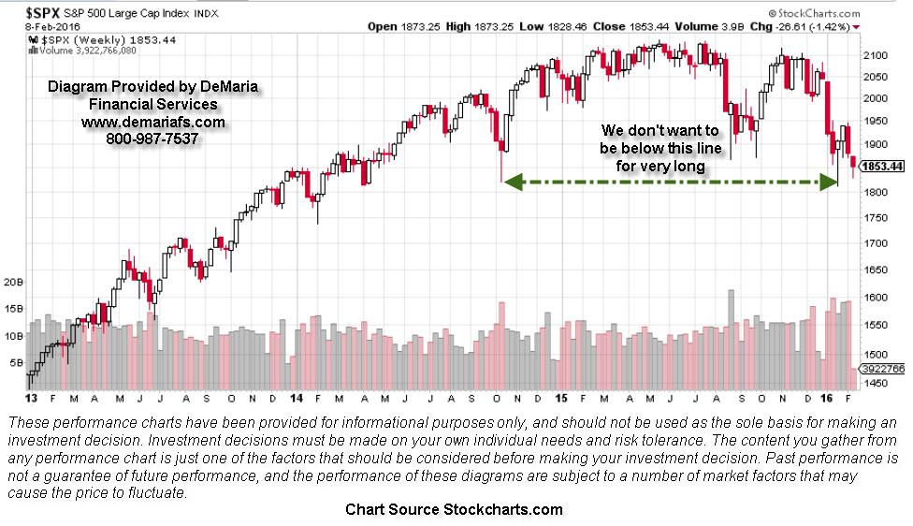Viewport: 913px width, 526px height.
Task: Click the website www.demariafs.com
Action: pyautogui.click(x=153, y=122)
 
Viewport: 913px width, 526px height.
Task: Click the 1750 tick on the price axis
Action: pyautogui.click(x=877, y=218)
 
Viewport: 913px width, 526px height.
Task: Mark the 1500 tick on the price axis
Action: pyautogui.click(x=877, y=355)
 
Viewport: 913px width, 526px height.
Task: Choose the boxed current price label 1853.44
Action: pyautogui.click(x=883, y=166)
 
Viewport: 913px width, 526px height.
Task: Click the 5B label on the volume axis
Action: pyautogui.click(x=17, y=362)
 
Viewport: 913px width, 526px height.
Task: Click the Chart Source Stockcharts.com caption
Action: pyautogui.click(x=454, y=509)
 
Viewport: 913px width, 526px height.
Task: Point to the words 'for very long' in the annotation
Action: pyautogui.click(x=659, y=167)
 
